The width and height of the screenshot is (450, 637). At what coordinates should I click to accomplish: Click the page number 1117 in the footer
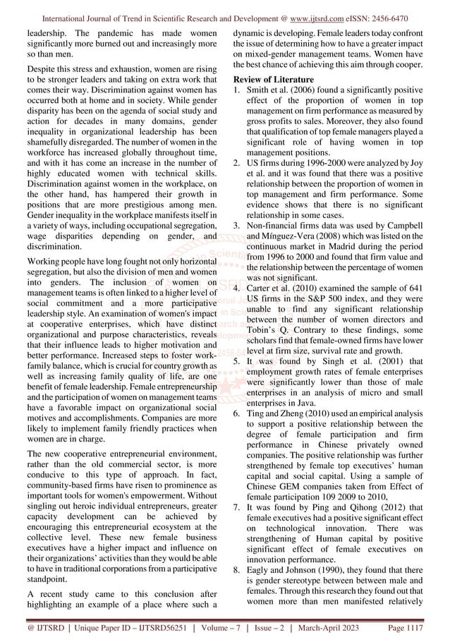tap(422, 626)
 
